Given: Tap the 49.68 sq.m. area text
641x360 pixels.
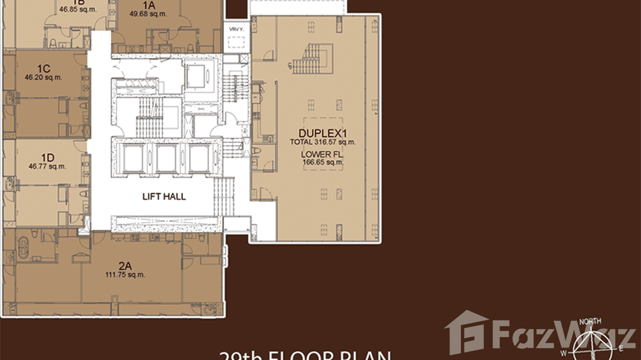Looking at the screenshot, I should [x=149, y=14].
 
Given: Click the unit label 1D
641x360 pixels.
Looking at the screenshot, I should [x=47, y=158].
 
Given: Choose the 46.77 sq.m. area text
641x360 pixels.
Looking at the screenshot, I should [x=47, y=167].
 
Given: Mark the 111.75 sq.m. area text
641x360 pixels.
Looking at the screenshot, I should [x=125, y=275].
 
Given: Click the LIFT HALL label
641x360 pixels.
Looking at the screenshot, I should [x=164, y=196].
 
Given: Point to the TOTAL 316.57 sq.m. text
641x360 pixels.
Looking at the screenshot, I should [x=323, y=142].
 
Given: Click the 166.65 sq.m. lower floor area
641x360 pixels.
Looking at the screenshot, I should [x=323, y=162].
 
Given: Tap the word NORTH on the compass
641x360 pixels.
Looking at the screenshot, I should [x=590, y=321].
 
